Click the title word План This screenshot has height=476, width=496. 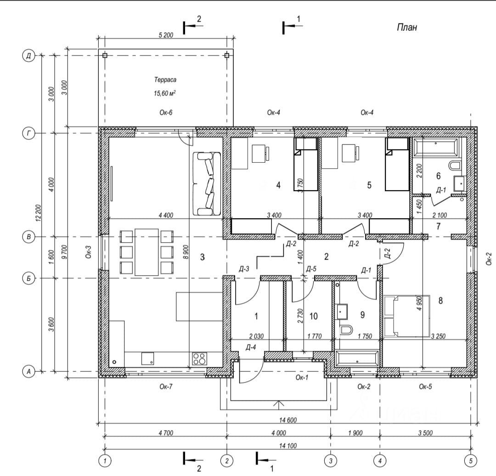point(407,28)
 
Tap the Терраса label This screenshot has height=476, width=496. point(165,80)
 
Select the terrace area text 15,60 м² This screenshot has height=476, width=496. point(165,93)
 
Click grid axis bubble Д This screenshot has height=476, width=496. point(28,56)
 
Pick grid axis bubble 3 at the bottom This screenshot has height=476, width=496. point(331,461)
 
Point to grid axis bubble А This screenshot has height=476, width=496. point(28,371)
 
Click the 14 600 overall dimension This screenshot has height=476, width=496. point(288,420)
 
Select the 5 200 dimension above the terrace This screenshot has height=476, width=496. point(166,35)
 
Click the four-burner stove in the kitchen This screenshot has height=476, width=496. point(199,359)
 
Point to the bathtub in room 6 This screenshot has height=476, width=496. point(435,147)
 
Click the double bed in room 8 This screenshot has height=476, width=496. point(407,316)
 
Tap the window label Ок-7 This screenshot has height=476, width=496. point(166,387)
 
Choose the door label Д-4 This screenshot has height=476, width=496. point(251,348)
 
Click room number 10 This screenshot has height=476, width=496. point(314,316)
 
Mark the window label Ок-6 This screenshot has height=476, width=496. point(166,112)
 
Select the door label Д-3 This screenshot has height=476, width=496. point(243,269)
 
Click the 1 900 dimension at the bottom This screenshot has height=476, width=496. point(355,433)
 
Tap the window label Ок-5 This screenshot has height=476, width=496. point(425,387)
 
